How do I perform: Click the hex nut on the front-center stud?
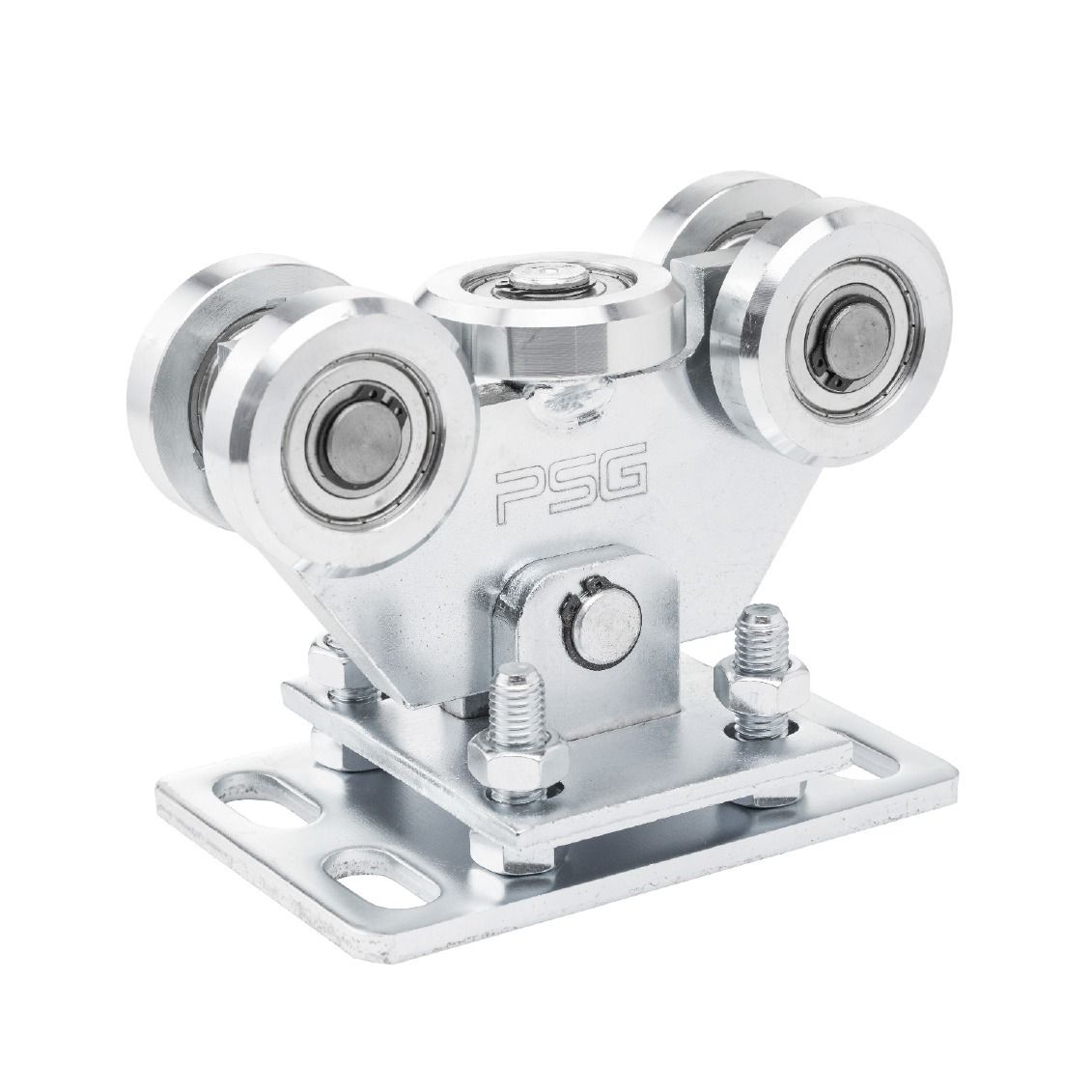[518, 757]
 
